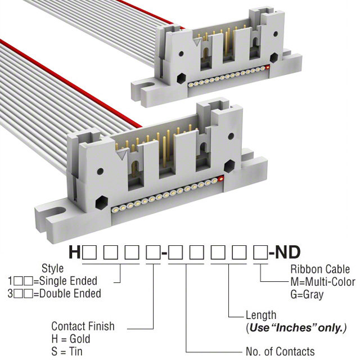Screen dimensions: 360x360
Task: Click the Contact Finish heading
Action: click(83, 326)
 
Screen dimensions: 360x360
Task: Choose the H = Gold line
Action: click(72, 339)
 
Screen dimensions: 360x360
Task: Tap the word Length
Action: click(261, 315)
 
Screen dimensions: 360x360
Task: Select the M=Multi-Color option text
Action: click(323, 281)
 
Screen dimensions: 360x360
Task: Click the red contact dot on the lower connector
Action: click(220, 179)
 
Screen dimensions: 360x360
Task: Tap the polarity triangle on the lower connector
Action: click(121, 152)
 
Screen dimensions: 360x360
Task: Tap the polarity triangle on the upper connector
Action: click(196, 41)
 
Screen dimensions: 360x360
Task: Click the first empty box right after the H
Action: click(88, 253)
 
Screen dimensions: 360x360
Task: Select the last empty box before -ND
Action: click(260, 253)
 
